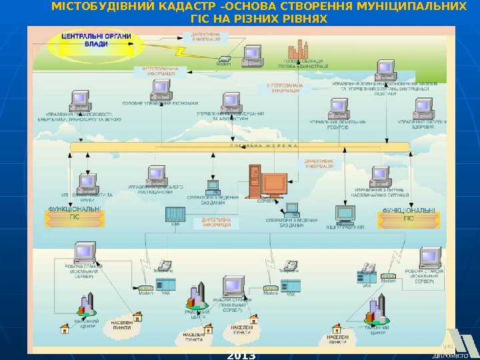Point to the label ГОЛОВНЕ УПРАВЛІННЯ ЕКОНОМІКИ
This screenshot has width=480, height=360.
(160, 103)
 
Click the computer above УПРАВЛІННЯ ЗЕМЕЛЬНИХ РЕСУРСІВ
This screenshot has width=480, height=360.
(339, 107)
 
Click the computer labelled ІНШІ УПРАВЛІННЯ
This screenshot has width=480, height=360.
(345, 213)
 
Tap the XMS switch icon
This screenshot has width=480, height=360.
(175, 215)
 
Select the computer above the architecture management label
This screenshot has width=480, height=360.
(231, 100)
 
